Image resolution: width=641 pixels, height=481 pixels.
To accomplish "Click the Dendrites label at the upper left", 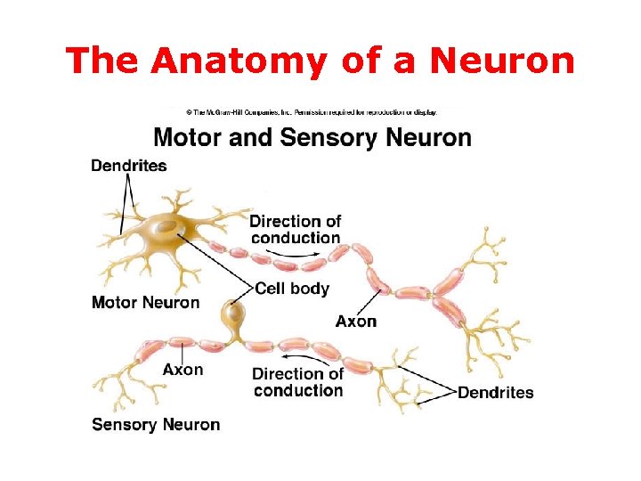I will tap(128, 166).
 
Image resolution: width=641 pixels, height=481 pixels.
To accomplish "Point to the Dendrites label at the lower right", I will tap(495, 393).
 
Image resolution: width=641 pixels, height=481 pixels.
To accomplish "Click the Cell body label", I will tap(292, 289).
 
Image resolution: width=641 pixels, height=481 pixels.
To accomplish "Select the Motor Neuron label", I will tap(145, 303).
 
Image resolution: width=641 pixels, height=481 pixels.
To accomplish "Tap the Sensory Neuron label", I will tap(156, 425).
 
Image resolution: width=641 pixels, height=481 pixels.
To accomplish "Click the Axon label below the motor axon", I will tap(356, 321).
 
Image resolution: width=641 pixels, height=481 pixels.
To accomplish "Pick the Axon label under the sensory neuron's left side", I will tap(183, 370).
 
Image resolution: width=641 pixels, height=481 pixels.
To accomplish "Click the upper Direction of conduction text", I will tap(295, 229).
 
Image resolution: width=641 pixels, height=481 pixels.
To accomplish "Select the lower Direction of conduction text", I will tap(297, 382).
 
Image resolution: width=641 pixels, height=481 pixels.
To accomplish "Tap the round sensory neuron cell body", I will tap(235, 314).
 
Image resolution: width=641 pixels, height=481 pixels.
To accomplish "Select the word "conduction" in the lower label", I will tap(297, 390).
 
